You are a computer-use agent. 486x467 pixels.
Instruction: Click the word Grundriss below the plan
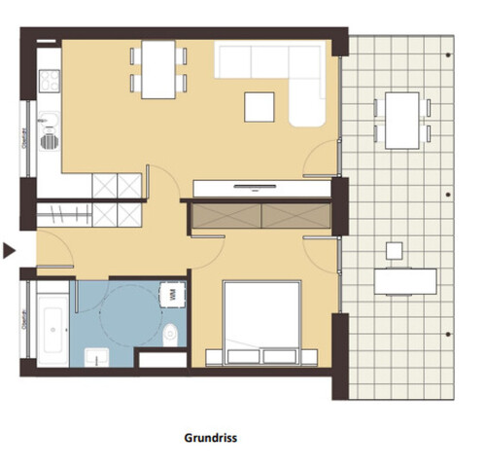click(x=210, y=438)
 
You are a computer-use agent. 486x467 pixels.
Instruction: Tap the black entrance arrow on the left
click(x=9, y=251)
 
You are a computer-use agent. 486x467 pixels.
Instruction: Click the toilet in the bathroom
click(x=171, y=332)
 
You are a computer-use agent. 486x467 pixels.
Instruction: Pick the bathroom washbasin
click(x=93, y=357)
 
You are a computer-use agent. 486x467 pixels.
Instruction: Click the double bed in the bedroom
click(x=260, y=321)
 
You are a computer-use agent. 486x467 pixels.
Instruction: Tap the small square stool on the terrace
click(x=393, y=250)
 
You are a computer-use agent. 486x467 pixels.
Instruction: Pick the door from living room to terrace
click(x=321, y=161)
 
